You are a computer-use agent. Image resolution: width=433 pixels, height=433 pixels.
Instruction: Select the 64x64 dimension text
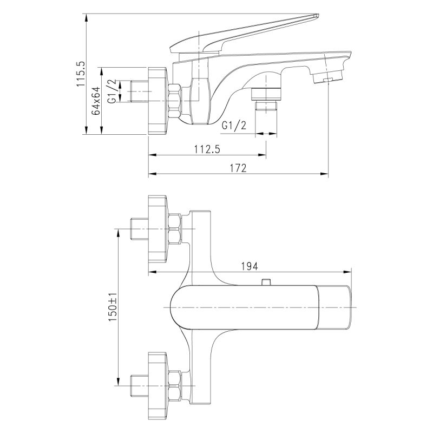(x=96, y=101)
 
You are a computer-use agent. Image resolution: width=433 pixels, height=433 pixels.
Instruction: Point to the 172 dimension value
(x=239, y=168)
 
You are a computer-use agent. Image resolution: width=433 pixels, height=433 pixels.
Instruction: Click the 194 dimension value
(x=249, y=266)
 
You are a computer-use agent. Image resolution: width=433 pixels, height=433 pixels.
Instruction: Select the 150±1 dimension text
(x=113, y=307)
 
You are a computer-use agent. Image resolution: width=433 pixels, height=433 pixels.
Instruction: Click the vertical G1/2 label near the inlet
(x=111, y=91)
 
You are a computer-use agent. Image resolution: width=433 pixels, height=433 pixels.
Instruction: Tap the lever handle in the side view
(x=244, y=34)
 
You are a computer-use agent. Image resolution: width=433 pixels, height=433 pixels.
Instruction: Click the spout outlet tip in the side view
(x=331, y=73)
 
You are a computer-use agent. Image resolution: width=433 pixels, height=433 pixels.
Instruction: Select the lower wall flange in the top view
(x=158, y=385)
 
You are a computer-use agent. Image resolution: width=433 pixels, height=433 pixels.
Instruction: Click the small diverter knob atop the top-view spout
(x=265, y=282)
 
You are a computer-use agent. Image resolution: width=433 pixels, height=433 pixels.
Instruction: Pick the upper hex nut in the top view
(x=175, y=228)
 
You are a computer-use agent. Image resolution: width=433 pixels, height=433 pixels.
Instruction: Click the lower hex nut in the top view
(x=175, y=385)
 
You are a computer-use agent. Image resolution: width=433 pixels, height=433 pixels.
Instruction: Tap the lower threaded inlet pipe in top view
(x=140, y=385)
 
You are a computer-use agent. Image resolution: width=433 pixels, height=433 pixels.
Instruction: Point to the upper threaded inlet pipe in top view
(x=140, y=228)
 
